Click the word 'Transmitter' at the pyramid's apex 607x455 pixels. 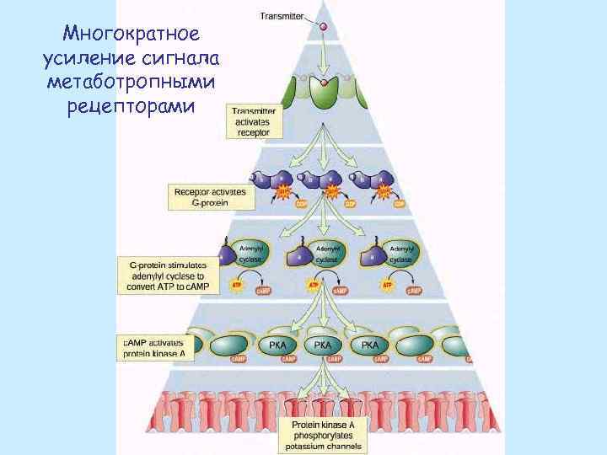point(282,16)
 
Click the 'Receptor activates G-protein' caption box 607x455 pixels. point(210,196)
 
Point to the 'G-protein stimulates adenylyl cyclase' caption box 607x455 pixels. point(169,276)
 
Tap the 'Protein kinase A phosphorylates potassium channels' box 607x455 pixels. point(323,434)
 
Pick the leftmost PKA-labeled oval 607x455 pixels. point(277,345)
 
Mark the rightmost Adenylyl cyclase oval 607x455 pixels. point(402,254)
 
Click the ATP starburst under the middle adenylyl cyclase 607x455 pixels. point(313,286)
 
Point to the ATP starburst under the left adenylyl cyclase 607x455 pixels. point(238,286)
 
